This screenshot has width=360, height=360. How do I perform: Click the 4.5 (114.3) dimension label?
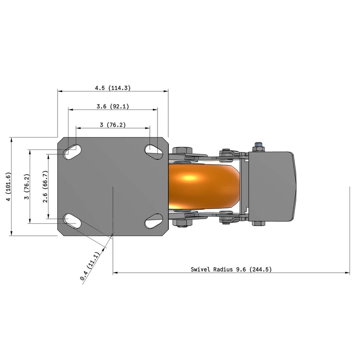112,88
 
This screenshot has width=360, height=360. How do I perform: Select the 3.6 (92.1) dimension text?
112,107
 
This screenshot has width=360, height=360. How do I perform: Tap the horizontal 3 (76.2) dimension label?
112,125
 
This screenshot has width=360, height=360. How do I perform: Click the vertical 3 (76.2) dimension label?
27,186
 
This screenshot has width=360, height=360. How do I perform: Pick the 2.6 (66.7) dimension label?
45,186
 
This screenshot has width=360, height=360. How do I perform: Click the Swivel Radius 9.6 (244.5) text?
231,270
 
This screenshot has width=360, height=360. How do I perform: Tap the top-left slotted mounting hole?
72,151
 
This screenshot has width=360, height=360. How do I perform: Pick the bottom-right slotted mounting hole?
153,221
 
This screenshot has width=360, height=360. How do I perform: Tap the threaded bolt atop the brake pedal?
258,146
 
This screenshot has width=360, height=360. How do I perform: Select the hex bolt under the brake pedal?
258,223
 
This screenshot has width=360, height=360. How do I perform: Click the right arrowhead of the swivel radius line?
347,273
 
